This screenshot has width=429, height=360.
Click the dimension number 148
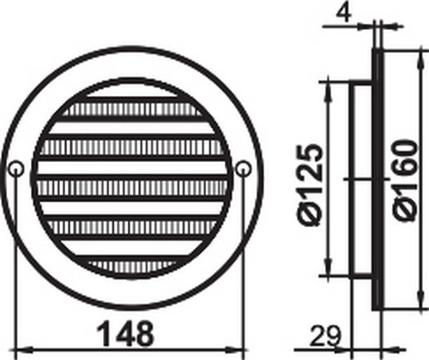(125, 333)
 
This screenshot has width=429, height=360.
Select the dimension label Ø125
(310, 185)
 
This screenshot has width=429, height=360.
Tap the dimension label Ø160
(403, 180)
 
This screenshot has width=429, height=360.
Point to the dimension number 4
(344, 13)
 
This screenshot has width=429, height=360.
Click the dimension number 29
(324, 336)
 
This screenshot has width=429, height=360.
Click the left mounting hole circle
(15, 169)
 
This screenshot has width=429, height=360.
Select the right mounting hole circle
(243, 169)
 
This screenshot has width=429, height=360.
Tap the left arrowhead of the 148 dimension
(24, 350)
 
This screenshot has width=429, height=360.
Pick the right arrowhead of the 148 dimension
(235, 350)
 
